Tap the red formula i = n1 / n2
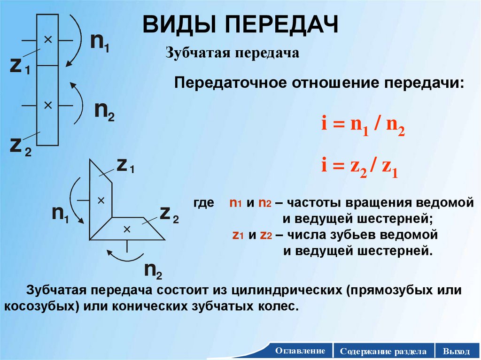(x=363, y=127)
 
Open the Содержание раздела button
(x=384, y=351)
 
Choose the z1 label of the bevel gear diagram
(x=125, y=165)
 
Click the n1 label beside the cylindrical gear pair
(x=100, y=43)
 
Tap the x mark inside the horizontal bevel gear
(x=126, y=229)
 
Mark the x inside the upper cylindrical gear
(x=47, y=40)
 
